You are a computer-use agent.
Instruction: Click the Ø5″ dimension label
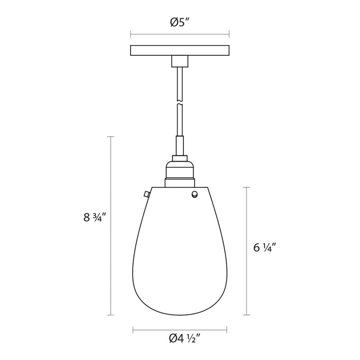[180, 22]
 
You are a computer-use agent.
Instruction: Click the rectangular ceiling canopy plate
[180, 50]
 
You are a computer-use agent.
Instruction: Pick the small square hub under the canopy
[180, 61]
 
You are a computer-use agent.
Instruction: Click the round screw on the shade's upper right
[194, 194]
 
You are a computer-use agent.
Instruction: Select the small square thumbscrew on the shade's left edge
[146, 195]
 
